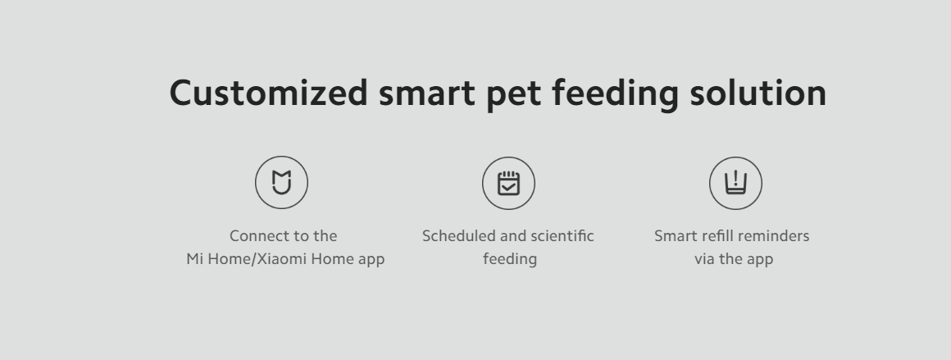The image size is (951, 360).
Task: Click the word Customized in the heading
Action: pos(269,93)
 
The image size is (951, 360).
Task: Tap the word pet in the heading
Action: pos(514,95)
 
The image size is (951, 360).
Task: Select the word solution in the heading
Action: pos(758,93)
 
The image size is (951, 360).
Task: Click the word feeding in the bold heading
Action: pos(615,95)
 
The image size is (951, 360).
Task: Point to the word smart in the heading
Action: pos(427,95)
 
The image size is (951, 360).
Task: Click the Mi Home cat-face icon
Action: pos(281,182)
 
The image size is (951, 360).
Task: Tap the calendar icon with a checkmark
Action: pos(509,184)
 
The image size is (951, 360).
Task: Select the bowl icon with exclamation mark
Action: pos(735,184)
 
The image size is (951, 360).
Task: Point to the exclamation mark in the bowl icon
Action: pos(735,178)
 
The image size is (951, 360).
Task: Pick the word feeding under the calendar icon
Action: pos(510,259)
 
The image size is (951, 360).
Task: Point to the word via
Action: pos(705,259)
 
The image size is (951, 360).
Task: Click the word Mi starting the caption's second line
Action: pos(194,258)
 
